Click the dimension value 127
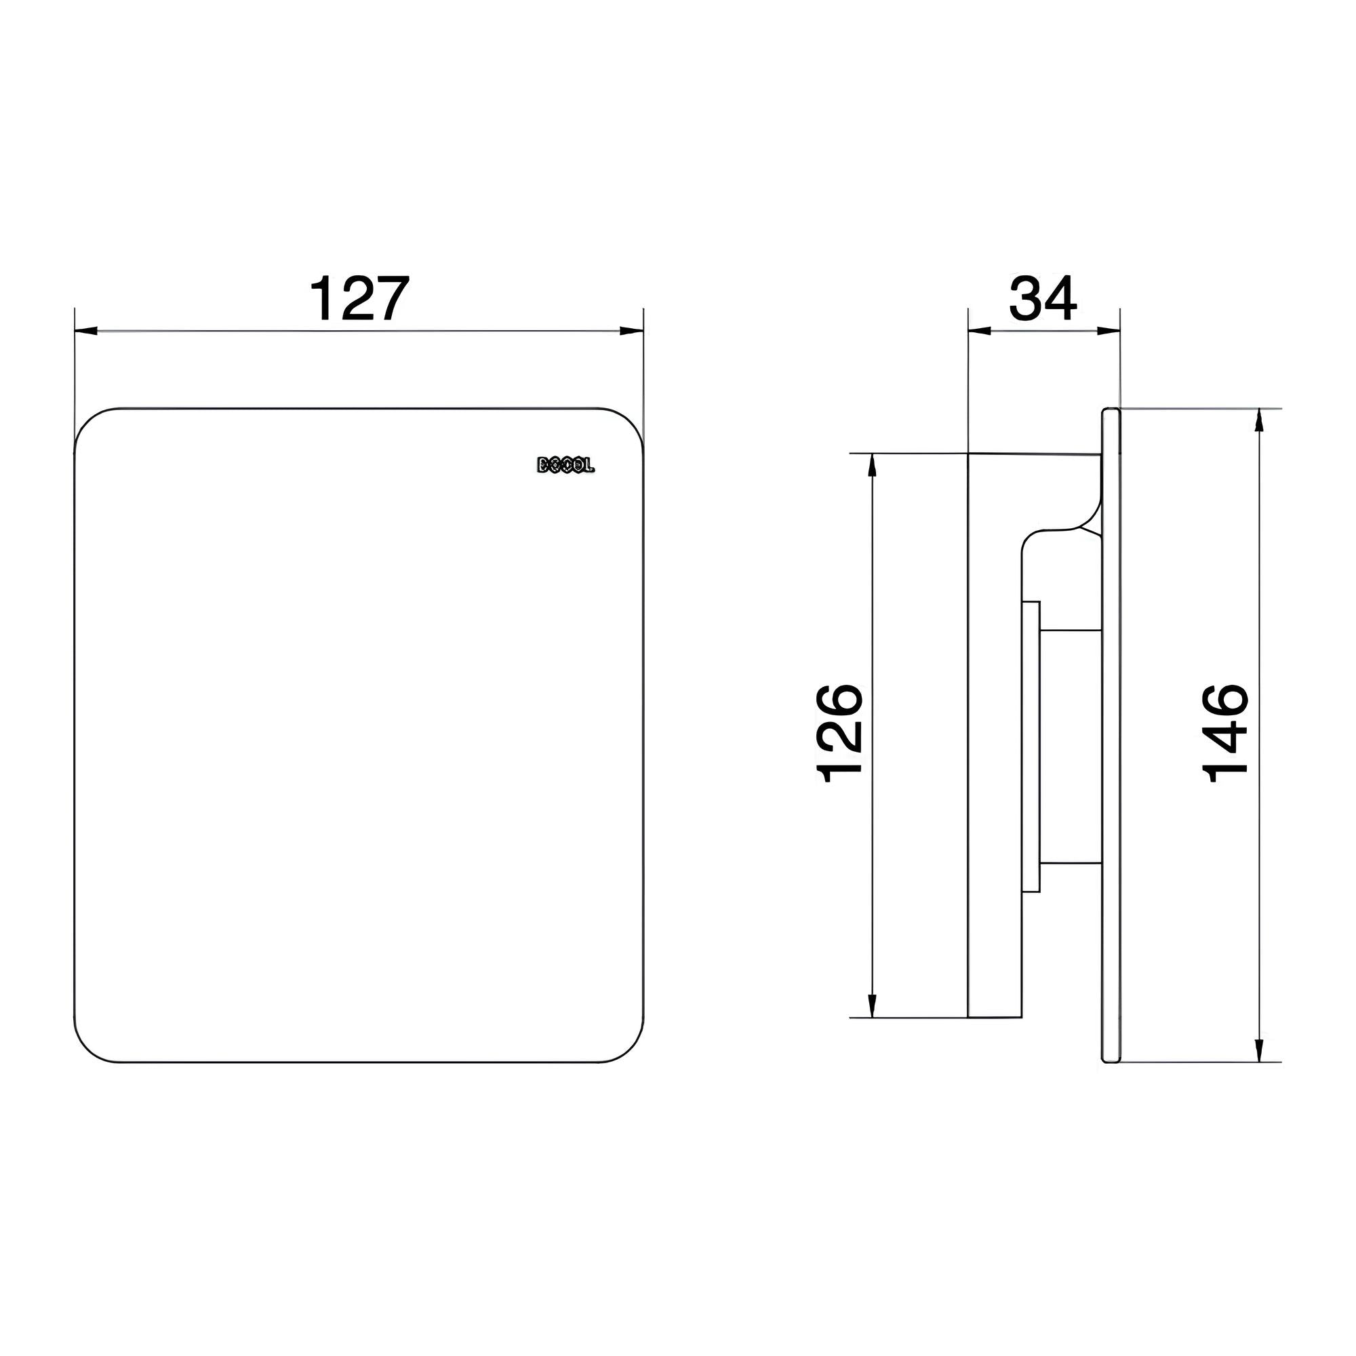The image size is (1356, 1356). [x=359, y=299]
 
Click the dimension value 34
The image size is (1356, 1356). [x=1042, y=299]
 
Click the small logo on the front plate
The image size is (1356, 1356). [x=565, y=464]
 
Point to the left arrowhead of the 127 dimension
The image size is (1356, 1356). [x=85, y=332]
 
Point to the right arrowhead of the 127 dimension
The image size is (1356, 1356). [x=632, y=332]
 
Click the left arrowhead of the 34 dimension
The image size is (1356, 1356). [x=979, y=332]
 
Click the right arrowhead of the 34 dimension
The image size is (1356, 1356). [x=1109, y=332]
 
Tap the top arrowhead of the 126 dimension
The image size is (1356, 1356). [x=873, y=466]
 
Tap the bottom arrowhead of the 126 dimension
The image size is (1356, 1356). [x=873, y=1005]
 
